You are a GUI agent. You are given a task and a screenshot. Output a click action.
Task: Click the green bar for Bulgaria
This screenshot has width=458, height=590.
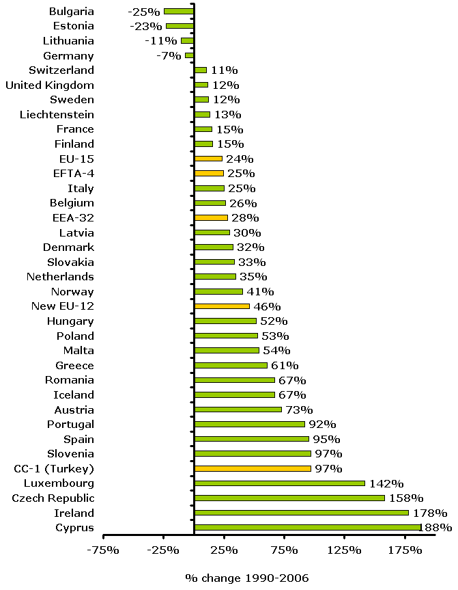[x=179, y=11]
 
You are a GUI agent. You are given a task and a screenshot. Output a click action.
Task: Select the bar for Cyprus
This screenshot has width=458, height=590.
[x=308, y=528]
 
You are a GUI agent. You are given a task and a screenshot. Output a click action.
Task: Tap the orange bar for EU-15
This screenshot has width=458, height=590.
[x=208, y=159]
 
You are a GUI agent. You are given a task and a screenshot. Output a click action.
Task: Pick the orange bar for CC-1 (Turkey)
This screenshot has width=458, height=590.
[x=253, y=469]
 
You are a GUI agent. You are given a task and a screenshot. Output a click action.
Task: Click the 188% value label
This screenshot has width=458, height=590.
[x=437, y=528]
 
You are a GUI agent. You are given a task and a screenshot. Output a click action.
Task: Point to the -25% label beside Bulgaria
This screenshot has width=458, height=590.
[x=144, y=12]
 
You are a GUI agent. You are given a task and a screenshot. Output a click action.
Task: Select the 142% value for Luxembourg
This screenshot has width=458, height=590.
[x=386, y=484]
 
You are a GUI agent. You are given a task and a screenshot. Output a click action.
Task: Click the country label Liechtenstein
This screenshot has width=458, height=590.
[x=57, y=114]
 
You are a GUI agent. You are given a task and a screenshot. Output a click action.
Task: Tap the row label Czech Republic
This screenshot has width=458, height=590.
[x=53, y=498]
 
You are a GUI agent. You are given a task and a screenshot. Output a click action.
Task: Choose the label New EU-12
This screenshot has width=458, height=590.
[x=63, y=306]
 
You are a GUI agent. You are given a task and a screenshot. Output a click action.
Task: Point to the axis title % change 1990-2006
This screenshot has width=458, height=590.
[x=247, y=578]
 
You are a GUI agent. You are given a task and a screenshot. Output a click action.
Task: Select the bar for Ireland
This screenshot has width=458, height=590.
[x=302, y=513]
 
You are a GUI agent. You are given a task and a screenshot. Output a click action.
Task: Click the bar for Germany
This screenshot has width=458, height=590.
[x=189, y=55]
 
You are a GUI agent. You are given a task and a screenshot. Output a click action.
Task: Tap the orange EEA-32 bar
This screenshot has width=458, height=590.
[x=211, y=218]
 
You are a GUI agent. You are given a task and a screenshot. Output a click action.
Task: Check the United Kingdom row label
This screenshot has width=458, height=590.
[x=50, y=85]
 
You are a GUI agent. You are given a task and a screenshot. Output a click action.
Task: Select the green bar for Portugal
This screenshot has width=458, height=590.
[x=250, y=425]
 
